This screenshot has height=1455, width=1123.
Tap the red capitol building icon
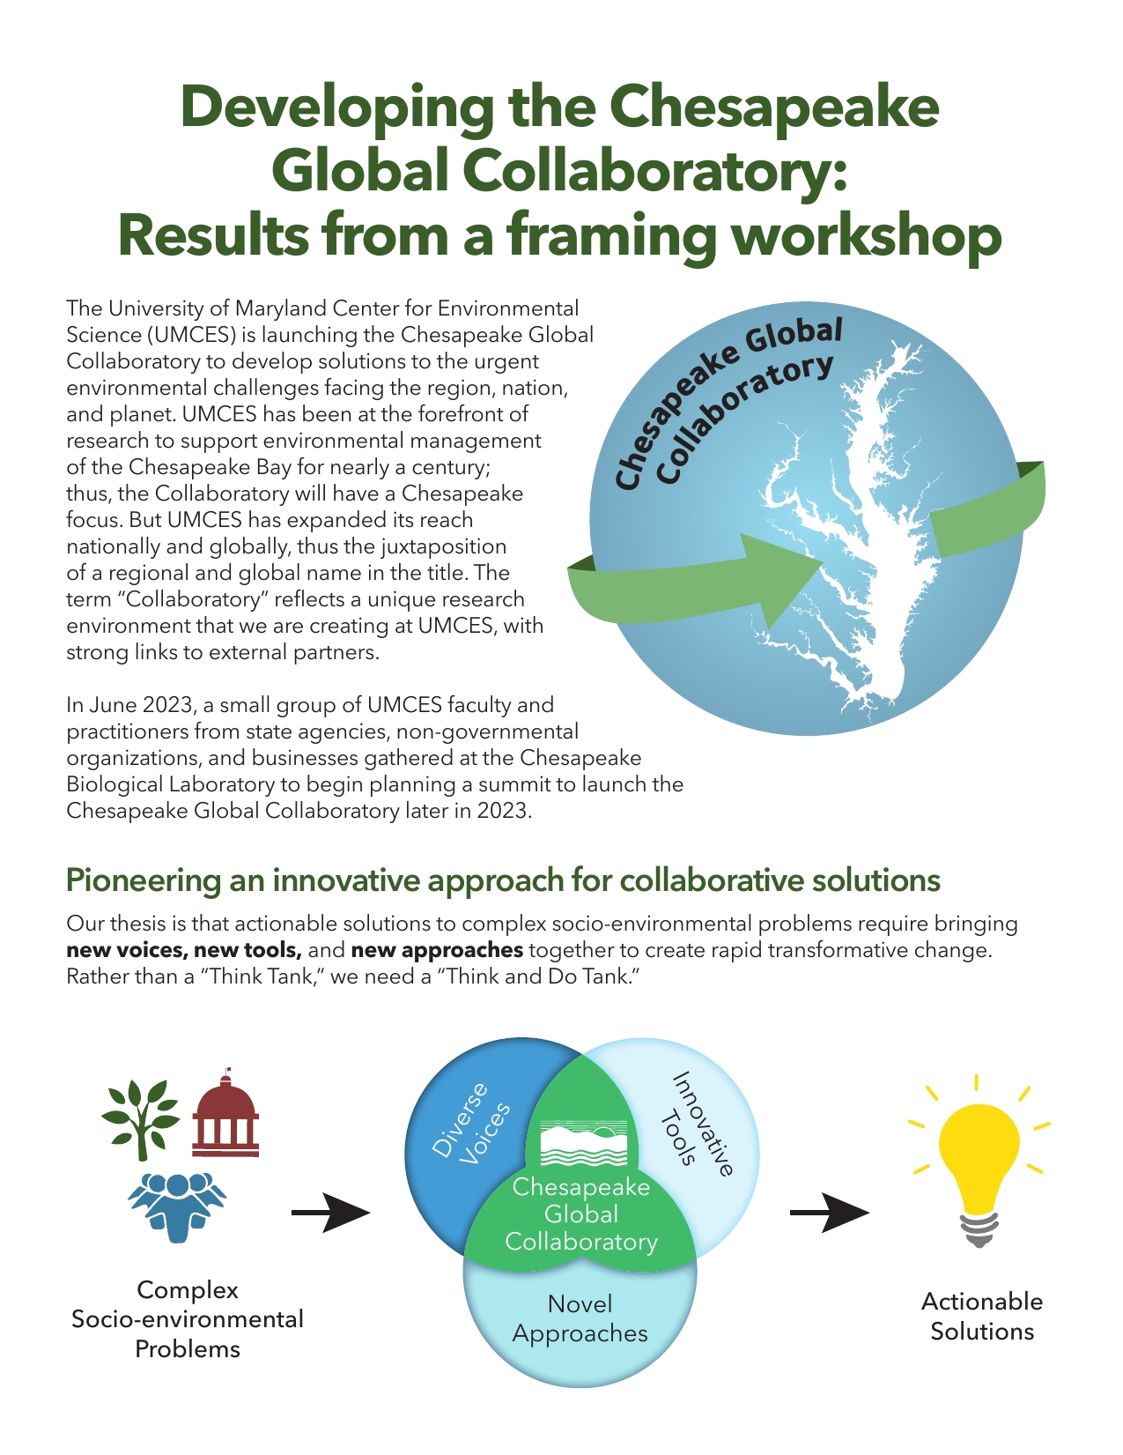pos(226,1114)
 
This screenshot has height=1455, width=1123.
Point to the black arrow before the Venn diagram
pos(330,1214)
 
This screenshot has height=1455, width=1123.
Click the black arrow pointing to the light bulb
pos(829,1214)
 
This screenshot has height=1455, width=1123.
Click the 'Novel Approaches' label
pos(580,1318)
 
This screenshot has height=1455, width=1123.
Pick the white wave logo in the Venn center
pos(582,1144)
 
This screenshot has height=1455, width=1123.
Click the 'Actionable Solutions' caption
pos(981,1316)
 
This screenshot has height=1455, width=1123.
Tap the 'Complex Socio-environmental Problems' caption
pos(188,1319)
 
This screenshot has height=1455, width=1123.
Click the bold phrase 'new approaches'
pos(437,950)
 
